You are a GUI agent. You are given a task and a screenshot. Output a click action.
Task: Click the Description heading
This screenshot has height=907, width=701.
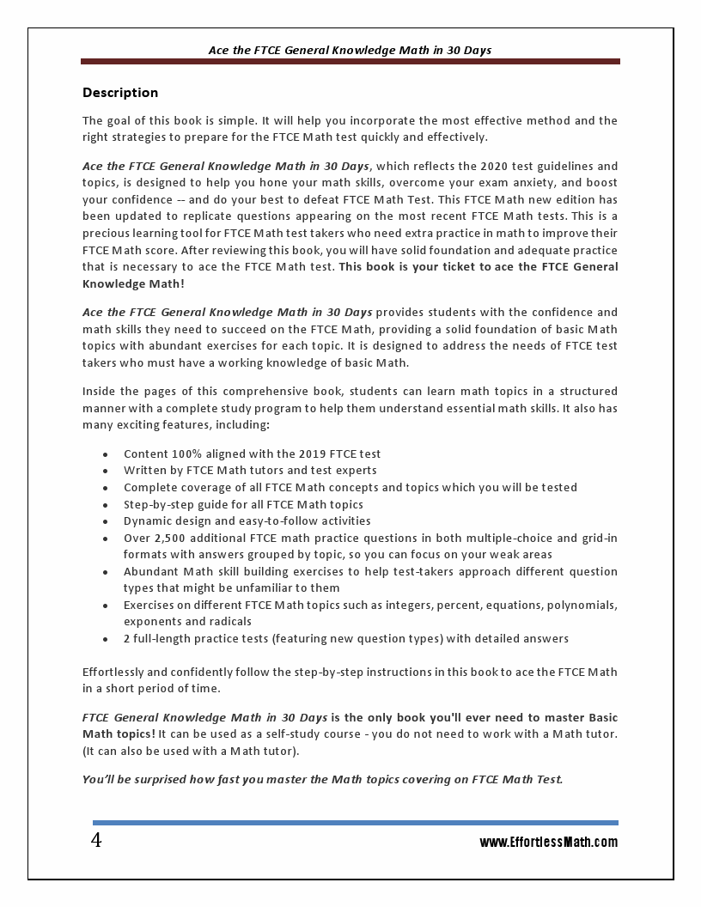click(x=120, y=93)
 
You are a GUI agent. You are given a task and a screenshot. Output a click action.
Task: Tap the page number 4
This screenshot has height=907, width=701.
click(x=96, y=841)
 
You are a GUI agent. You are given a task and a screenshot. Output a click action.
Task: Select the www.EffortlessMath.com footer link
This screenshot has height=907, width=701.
click(x=548, y=843)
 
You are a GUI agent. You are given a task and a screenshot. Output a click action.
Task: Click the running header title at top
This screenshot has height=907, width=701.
click(x=350, y=50)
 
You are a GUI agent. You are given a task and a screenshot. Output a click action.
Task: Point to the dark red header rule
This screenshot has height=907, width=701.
click(x=350, y=62)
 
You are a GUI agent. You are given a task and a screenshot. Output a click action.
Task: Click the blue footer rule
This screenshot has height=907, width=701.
click(x=355, y=823)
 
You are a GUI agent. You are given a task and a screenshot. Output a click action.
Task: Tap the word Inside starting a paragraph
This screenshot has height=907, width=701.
click(x=100, y=392)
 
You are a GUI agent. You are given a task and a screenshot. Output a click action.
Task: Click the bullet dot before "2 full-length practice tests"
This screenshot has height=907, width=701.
click(x=105, y=639)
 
